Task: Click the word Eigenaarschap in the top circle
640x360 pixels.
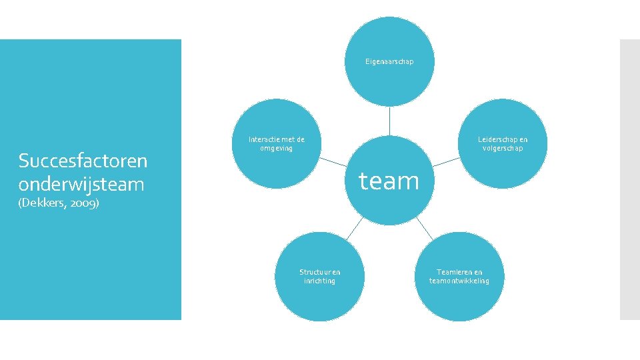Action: pos(389,61)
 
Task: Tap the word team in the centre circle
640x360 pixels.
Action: pos(389,180)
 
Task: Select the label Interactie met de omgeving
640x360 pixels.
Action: pos(276,143)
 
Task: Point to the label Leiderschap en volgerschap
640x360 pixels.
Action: pos(502,143)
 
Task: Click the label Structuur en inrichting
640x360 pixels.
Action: pos(319,276)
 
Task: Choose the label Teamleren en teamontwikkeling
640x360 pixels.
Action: pos(459,276)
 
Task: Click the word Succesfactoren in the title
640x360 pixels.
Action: pos(83,161)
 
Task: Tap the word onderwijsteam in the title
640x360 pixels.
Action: pos(81,183)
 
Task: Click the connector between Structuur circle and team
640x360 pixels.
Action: pos(354,228)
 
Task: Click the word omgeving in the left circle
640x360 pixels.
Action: pos(276,148)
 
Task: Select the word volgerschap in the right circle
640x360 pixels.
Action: pos(503,148)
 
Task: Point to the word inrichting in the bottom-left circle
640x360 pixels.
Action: pos(319,281)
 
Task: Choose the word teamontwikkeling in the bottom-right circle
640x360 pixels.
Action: pos(459,281)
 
